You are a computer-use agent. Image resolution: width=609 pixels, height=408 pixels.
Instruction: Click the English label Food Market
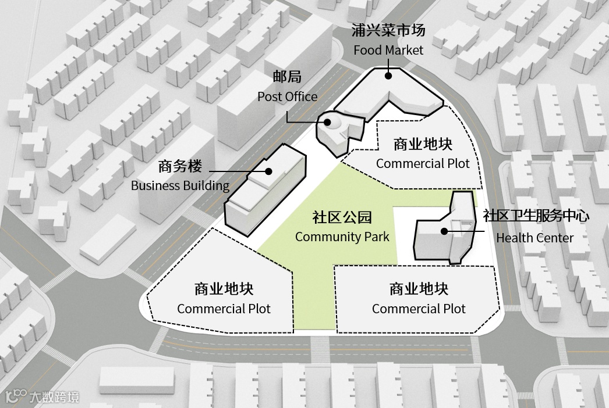[x=388, y=50]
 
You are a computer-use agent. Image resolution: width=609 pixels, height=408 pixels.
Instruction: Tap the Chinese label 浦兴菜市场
[x=388, y=30]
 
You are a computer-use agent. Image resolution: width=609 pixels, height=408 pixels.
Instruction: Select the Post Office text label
[x=288, y=96]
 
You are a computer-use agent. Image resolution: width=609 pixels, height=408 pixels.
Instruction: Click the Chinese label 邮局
[x=288, y=77]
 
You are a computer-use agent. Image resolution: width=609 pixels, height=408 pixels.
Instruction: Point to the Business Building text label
[x=180, y=186]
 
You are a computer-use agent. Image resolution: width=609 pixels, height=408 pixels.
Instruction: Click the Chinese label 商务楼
[x=180, y=167]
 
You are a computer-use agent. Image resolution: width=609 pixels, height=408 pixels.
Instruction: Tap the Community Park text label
[x=342, y=237]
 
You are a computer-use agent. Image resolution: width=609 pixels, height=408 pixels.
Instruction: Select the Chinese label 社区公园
[x=342, y=218]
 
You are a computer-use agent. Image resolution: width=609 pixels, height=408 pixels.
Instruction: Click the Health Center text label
[x=534, y=238]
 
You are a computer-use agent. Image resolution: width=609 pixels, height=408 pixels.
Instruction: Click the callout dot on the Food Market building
[x=388, y=74]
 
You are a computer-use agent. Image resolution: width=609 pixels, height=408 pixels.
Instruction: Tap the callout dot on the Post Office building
[x=328, y=122]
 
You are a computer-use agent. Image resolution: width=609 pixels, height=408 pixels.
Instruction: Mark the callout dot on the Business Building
[x=269, y=171]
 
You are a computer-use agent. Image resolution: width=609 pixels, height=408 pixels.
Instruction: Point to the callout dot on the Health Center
[x=444, y=231]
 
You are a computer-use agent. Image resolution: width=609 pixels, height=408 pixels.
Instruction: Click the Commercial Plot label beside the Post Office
[x=423, y=163]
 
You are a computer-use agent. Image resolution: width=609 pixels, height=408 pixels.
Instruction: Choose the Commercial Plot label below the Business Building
[x=224, y=309]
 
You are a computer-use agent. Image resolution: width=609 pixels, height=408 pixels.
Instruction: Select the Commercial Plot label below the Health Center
[x=419, y=309]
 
